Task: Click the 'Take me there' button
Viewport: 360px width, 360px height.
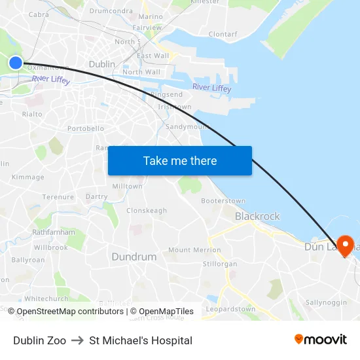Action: pos(179,160)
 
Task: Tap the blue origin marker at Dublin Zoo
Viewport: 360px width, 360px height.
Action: pos(15,63)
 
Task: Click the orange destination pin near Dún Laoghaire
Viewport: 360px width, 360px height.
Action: pos(345,246)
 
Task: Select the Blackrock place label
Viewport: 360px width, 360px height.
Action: pos(257,216)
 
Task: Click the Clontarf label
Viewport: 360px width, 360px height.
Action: pos(223,34)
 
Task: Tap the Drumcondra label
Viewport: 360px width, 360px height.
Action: pos(111,11)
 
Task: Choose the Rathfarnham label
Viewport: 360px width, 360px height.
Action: pos(54,232)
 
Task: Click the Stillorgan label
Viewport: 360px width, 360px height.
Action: pos(221,264)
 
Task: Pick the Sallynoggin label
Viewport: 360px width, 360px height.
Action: pos(325,303)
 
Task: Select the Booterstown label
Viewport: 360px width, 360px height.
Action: pos(223,201)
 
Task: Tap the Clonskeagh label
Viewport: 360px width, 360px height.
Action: pos(147,211)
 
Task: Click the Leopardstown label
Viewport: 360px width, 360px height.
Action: pos(230,308)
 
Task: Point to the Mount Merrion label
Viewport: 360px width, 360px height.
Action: pos(194,250)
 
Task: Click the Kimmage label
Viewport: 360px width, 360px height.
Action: pos(27,177)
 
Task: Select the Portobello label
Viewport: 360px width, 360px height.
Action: pos(86,128)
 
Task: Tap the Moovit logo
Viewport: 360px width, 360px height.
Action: pos(320,339)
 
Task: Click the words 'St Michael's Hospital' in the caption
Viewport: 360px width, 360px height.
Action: pos(141,340)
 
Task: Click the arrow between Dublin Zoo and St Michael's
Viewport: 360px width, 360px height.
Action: pos(77,340)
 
